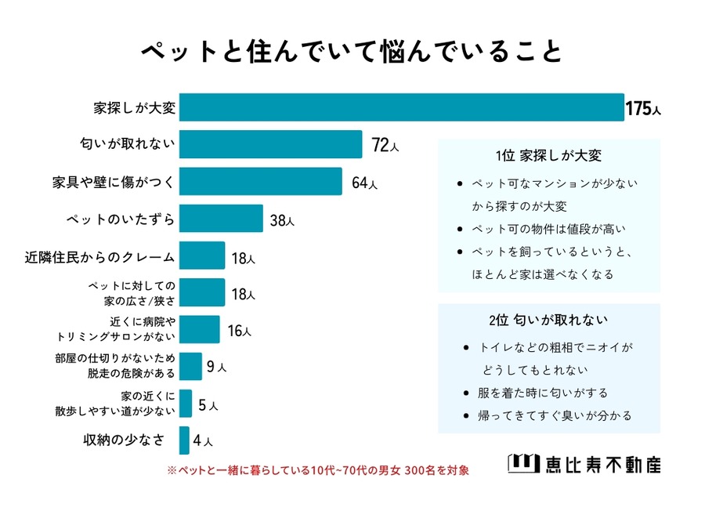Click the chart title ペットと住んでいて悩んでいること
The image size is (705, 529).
pos(352,51)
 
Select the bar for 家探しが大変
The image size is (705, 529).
pos(401,107)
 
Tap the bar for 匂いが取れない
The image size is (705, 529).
pos(270,144)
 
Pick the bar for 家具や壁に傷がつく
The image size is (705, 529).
pos(260,181)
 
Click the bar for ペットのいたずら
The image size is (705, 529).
pos(220,219)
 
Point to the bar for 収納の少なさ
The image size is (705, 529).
pos(184,440)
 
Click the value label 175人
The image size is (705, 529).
pos(642,109)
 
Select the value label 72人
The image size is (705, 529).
pos(385,146)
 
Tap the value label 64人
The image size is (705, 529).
pos(364,183)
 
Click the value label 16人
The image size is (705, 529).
pos(239,331)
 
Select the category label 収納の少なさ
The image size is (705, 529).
pos(125,440)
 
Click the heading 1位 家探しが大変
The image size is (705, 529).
pos(548,155)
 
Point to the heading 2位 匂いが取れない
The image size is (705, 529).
pos(548,321)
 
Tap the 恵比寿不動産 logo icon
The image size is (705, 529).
pos(522,464)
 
